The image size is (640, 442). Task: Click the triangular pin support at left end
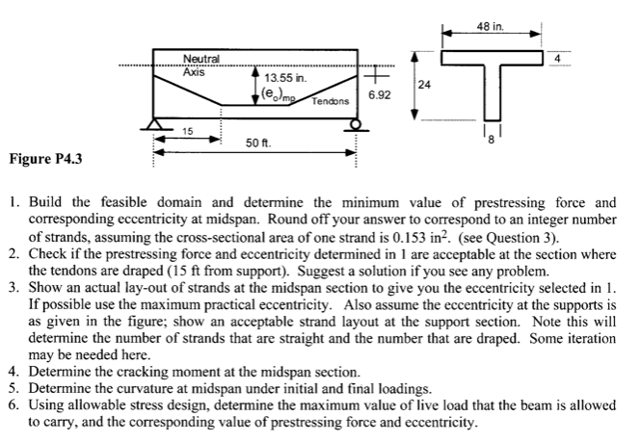click(x=153, y=123)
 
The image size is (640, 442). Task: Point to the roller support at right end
click(x=358, y=123)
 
